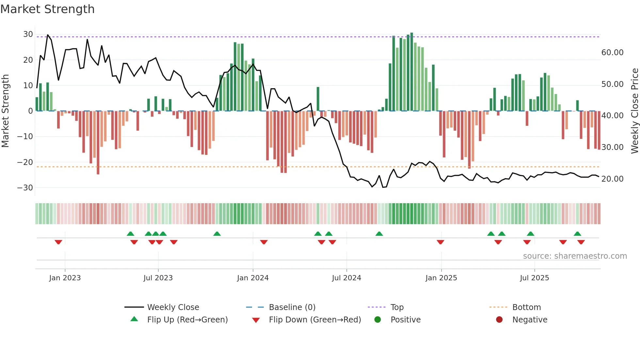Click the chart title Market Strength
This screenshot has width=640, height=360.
point(47,9)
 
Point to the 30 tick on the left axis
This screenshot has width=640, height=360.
point(28,34)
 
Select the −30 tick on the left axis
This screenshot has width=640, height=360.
point(25,188)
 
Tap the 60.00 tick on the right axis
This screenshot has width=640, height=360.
point(612,53)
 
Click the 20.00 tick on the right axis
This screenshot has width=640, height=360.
point(612,179)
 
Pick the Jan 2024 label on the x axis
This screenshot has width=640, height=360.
point(253,278)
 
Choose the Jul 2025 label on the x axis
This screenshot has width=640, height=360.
point(534,278)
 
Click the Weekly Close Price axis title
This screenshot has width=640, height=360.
point(634,111)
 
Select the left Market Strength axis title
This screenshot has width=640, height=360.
point(6,111)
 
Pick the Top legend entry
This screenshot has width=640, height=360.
point(397,307)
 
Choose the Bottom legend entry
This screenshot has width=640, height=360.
point(526,307)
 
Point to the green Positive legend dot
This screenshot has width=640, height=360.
point(378,320)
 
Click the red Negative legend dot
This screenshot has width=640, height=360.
point(499,320)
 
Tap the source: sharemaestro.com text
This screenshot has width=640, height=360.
point(575,256)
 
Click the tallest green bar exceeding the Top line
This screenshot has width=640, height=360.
point(412,72)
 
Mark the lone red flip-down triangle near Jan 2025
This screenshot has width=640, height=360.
point(440,242)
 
